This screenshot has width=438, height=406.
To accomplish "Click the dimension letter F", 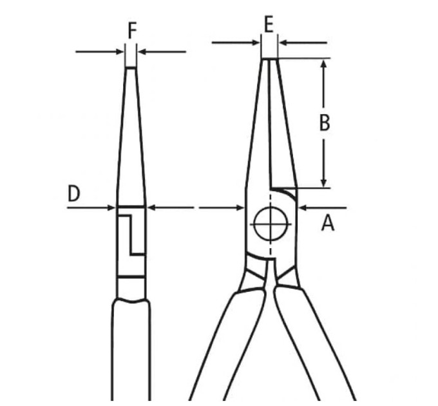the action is pyautogui.click(x=132, y=30).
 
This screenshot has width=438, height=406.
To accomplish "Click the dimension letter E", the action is pyautogui.click(x=269, y=25).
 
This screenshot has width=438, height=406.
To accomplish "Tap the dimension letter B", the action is pyautogui.click(x=324, y=122).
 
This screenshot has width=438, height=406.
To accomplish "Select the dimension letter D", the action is pyautogui.click(x=74, y=193).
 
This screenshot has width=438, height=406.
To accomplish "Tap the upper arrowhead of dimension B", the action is pyautogui.click(x=324, y=64).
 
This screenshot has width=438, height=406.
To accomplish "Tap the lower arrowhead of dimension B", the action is pyautogui.click(x=324, y=182).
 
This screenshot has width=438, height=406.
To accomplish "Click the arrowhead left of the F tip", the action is pyautogui.click(x=120, y=52).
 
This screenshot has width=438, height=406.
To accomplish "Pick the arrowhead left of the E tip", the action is pyautogui.click(x=256, y=43).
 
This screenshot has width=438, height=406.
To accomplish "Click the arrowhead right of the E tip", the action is pyautogui.click(x=284, y=43).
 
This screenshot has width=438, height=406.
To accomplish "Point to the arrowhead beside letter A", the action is pyautogui.click(x=303, y=208).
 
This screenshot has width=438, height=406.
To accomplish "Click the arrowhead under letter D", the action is pyautogui.click(x=111, y=208).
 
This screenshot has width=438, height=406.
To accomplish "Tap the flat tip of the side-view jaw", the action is pyautogui.click(x=131, y=67).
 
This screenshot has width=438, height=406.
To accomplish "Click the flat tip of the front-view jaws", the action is pyautogui.click(x=269, y=59).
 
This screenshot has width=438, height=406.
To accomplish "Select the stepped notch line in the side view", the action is pyautogui.click(x=131, y=235).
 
